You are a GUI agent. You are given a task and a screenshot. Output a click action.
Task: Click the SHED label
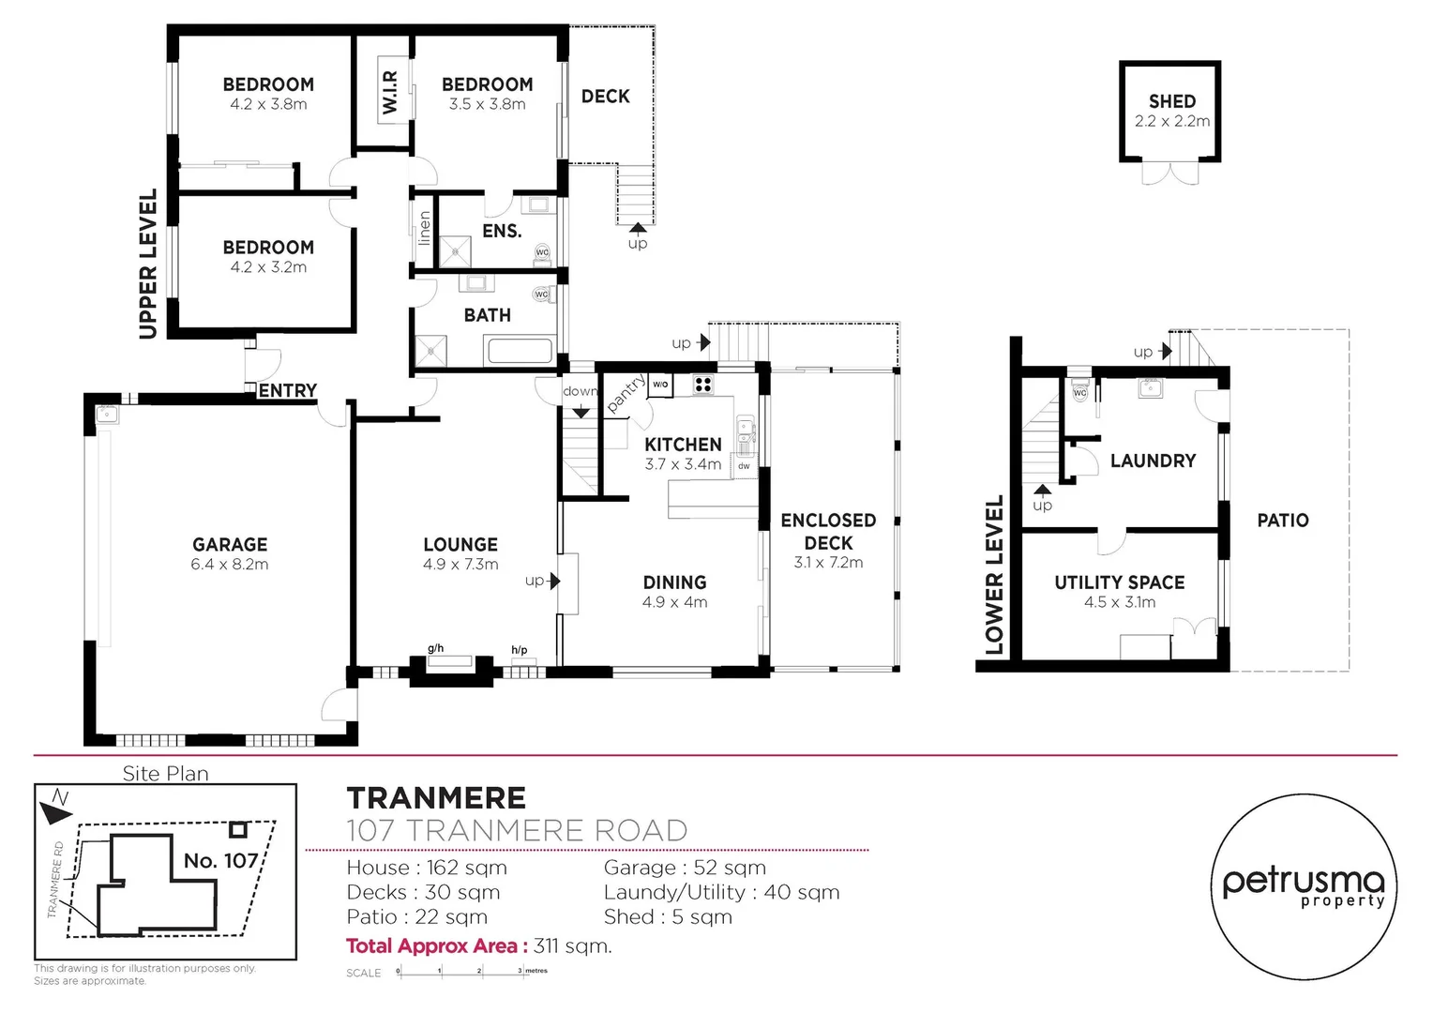tap(1171, 101)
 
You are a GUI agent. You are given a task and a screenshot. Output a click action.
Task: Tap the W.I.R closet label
tap(390, 93)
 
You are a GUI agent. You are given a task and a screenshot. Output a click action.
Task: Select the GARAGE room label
tap(230, 545)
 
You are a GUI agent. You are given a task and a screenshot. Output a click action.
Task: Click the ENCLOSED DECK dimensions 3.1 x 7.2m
tap(828, 563)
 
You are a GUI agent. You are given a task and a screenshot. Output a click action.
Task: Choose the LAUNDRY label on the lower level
tap(1153, 461)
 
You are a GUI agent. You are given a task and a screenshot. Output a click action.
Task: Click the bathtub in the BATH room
tap(520, 352)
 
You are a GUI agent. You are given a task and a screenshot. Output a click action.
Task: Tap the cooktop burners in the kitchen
tap(703, 385)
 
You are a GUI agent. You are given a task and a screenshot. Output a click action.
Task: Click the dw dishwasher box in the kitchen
tap(744, 466)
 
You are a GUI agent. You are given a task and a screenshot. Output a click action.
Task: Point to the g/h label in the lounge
tap(435, 648)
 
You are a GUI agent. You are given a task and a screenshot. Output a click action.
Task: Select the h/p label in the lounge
tap(519, 650)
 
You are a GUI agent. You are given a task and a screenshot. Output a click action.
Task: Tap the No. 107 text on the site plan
tap(220, 860)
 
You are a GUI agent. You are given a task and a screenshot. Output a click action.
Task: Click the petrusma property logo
tap(1303, 886)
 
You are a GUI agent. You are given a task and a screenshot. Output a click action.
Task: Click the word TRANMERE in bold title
tap(436, 798)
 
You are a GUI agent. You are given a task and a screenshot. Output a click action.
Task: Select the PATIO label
tap(1282, 521)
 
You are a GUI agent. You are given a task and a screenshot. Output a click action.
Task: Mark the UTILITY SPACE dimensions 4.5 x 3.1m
tap(1119, 602)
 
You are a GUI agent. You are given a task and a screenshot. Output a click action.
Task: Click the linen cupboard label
tap(424, 228)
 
